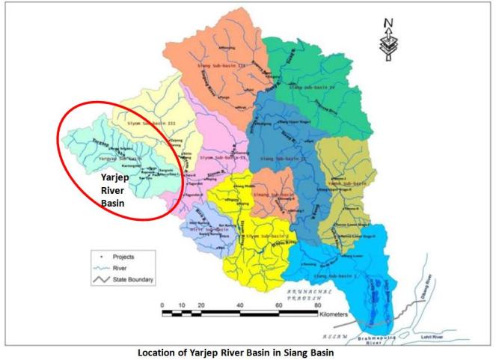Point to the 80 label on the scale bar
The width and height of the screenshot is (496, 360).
(319, 306)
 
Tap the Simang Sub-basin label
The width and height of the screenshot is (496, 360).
(272, 193)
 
